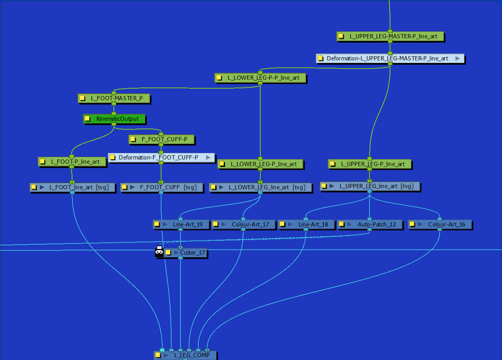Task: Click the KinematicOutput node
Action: [x=114, y=119]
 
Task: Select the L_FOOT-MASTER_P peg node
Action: [x=114, y=98]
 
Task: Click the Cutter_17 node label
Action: [x=193, y=253]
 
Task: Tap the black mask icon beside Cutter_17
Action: [x=159, y=252]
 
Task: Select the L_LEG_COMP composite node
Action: [x=185, y=355]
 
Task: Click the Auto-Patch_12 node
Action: [x=370, y=224]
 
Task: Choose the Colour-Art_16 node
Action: [x=440, y=224]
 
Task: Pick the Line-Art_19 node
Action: [x=181, y=224]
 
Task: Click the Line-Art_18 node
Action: [x=306, y=224]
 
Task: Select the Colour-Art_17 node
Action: [x=243, y=224]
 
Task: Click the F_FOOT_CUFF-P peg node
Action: [x=162, y=139]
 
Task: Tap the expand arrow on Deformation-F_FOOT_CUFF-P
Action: [x=208, y=158]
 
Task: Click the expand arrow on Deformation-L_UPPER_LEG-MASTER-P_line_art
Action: [x=457, y=58]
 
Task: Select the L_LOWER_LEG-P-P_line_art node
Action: [x=260, y=78]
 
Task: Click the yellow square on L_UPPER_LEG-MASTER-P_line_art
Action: [x=341, y=36]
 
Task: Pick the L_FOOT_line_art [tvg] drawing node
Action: [x=72, y=187]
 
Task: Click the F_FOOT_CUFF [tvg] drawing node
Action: [x=162, y=187]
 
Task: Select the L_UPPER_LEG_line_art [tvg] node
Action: [x=370, y=186]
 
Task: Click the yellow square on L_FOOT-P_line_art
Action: [x=42, y=161]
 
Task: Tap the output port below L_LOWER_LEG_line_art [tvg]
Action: [x=260, y=192]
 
